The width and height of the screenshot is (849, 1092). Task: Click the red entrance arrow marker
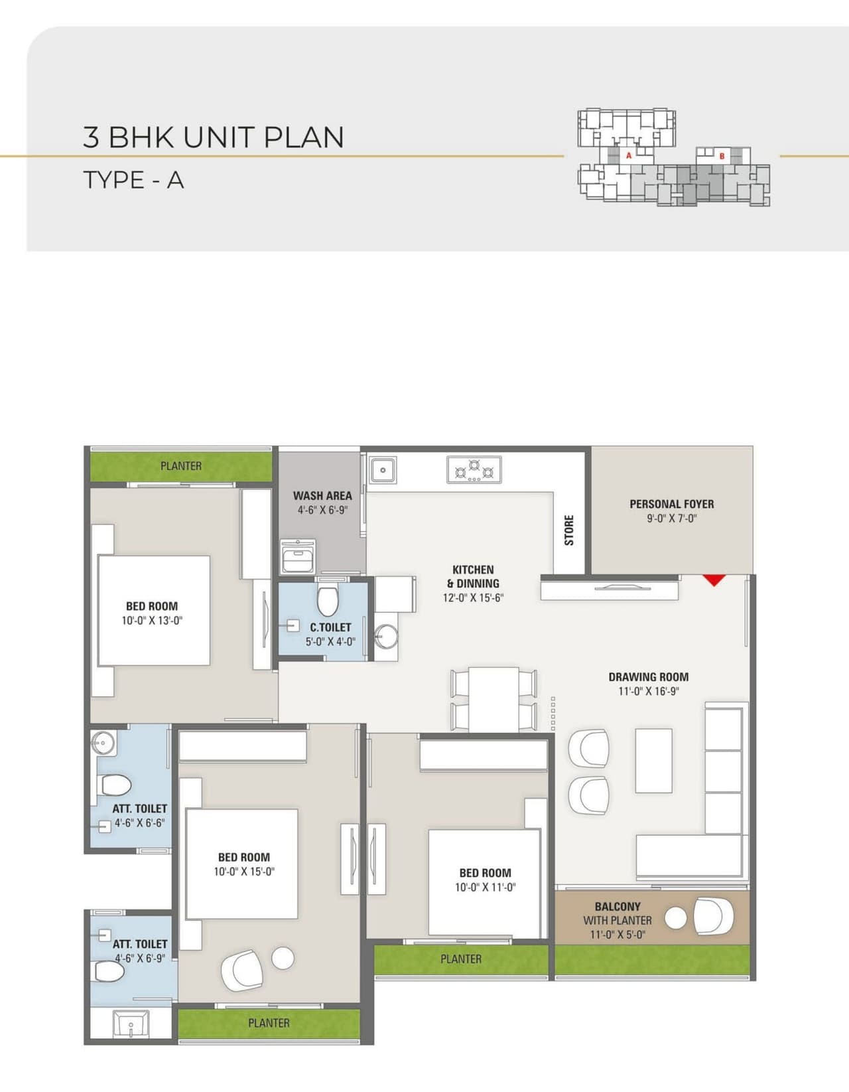[714, 580]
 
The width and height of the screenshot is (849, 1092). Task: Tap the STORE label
[569, 530]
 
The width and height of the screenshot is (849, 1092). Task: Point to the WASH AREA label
[322, 496]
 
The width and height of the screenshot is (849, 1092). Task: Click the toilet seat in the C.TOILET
[327, 601]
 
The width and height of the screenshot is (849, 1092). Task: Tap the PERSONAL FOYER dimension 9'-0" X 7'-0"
[671, 519]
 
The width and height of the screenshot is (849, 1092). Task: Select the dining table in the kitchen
[494, 698]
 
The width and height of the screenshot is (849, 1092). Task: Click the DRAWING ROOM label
[648, 677]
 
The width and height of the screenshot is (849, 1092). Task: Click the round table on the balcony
[675, 918]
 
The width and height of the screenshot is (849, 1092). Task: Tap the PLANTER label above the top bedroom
[181, 466]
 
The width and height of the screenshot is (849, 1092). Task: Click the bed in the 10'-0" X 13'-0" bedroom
[154, 610]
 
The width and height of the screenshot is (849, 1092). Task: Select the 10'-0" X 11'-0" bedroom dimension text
[485, 888]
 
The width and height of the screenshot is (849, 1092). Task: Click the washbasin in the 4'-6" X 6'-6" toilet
[103, 741]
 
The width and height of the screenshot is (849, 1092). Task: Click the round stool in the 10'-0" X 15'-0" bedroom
[283, 957]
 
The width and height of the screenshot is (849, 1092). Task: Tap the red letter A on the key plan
[629, 155]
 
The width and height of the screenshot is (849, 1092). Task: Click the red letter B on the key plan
[722, 156]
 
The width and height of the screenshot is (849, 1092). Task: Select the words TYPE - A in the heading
[133, 180]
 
